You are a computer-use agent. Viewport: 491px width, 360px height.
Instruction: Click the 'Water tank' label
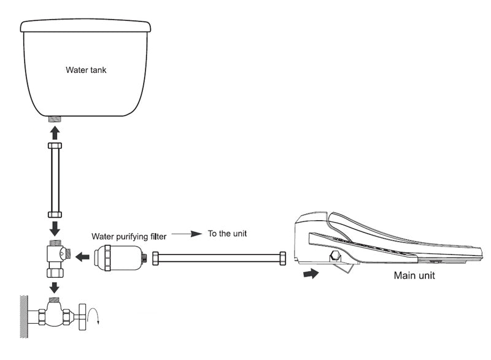[86, 70]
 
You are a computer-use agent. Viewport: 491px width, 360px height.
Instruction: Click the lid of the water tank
[86, 25]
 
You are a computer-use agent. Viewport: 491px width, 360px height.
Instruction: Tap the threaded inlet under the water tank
[54, 118]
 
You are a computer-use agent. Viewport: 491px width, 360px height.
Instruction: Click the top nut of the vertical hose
[54, 146]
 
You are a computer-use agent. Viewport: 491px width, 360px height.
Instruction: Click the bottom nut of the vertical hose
[54, 214]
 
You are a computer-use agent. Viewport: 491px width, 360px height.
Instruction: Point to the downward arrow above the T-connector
[54, 228]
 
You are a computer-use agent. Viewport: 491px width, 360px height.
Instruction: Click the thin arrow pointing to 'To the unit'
[187, 234]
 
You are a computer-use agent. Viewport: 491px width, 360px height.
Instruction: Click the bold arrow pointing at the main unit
[312, 274]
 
